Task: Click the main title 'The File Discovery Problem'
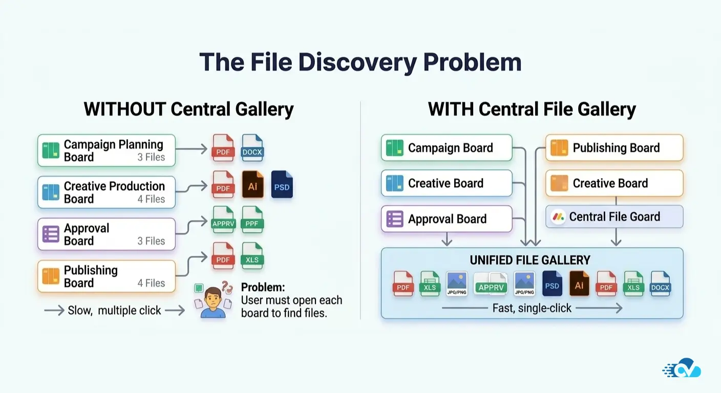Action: pos(360,62)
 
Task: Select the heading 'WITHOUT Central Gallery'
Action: pos(188,109)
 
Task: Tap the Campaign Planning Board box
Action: pos(107,150)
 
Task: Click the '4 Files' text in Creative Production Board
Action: pos(151,199)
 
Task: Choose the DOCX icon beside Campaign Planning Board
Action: pos(252,147)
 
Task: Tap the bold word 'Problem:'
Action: pos(263,287)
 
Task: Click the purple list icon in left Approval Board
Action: pos(51,234)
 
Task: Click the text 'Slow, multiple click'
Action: pos(114,310)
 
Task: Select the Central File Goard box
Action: pos(614,216)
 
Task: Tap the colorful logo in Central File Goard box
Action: pos(558,217)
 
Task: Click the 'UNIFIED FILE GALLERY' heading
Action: pos(530,260)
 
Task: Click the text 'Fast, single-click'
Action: pos(532,308)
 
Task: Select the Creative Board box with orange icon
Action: pos(614,183)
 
